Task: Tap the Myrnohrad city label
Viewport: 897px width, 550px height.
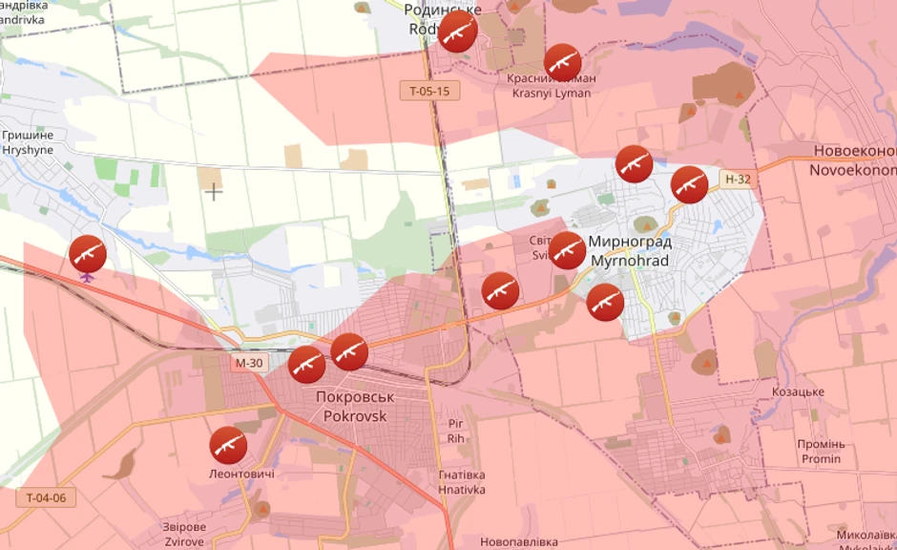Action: coord(630,251)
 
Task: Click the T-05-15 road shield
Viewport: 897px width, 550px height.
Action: coord(429,91)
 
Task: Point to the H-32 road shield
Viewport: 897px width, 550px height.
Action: coord(738,179)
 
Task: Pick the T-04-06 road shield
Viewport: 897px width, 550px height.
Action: coord(45,497)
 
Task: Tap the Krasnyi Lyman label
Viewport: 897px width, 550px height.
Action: coord(552,86)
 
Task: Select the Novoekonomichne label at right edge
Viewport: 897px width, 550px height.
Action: coord(853,160)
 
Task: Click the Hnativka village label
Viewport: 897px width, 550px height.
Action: coord(462,482)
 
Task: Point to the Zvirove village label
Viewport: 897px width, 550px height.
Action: coord(184,534)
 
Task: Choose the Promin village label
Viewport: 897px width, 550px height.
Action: coord(821,452)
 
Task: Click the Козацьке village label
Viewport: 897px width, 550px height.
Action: coord(798,391)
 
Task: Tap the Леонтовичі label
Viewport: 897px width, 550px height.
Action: coord(241,475)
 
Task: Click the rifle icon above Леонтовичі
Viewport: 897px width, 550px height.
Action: coord(228,445)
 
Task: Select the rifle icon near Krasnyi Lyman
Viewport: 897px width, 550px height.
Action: coord(563,62)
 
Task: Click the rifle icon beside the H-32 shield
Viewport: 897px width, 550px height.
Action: coord(689,184)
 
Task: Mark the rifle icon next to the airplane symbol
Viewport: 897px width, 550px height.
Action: coord(88,253)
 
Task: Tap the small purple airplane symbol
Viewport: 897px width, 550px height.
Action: coord(88,278)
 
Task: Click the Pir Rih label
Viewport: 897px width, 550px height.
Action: coord(455,431)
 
